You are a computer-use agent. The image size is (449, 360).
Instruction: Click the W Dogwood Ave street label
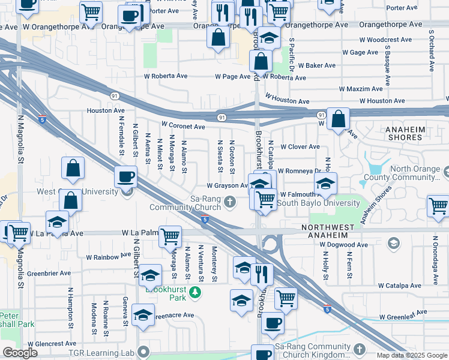point(343,245)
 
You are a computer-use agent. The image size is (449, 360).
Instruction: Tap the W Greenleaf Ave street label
point(402,313)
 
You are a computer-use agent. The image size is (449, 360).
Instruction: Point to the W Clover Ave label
point(298,147)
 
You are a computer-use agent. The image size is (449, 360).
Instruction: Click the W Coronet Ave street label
point(183,127)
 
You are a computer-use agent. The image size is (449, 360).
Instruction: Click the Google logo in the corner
point(20,353)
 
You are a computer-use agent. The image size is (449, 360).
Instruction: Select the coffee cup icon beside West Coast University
point(126,176)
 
